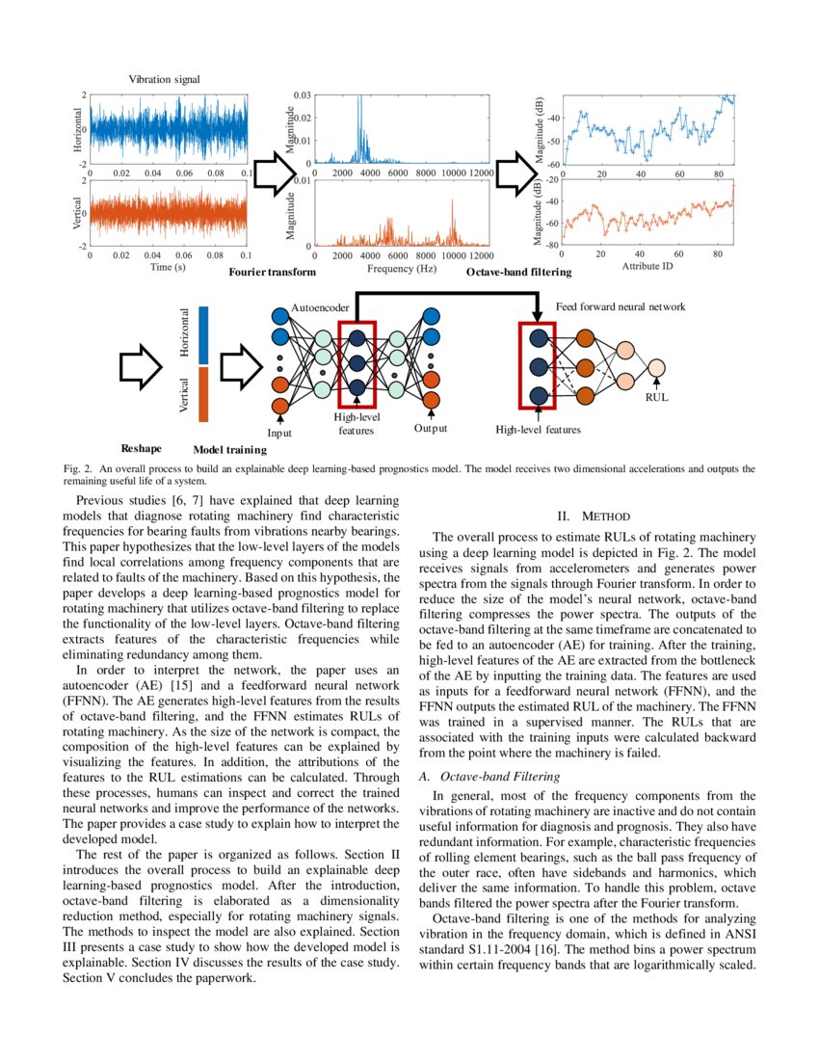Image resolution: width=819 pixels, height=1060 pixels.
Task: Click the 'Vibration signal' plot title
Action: (x=164, y=80)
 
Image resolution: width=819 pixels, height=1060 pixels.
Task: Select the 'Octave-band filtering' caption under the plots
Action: (x=518, y=273)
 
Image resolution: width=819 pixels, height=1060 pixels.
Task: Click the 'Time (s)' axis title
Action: (x=168, y=267)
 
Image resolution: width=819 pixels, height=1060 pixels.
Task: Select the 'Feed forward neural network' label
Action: (x=621, y=306)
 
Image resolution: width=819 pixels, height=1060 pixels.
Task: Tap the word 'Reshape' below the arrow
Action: (x=142, y=448)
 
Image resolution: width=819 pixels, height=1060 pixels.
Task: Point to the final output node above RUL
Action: (x=656, y=367)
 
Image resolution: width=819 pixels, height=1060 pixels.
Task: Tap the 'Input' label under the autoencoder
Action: (x=279, y=434)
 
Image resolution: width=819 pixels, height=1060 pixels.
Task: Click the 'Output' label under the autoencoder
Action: (x=431, y=427)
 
